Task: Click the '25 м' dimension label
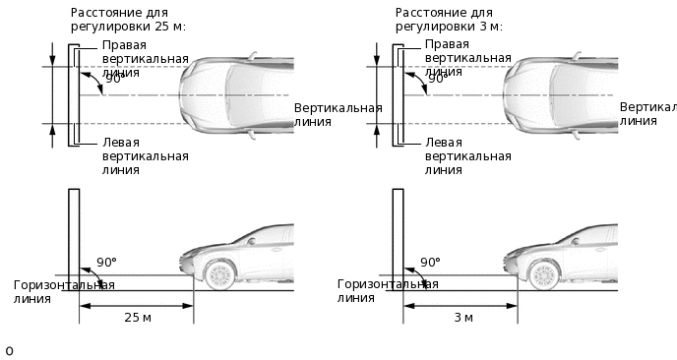click(x=137, y=317)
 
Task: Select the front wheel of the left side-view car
click(x=219, y=272)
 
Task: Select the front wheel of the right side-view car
click(x=543, y=272)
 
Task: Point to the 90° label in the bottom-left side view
click(x=107, y=264)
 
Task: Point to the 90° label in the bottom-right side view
click(x=431, y=264)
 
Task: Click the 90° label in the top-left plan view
click(x=113, y=79)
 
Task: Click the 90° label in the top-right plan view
click(x=437, y=79)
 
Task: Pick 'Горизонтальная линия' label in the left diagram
click(x=64, y=292)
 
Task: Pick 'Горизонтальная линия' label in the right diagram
click(x=388, y=292)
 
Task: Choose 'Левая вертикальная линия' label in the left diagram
click(x=145, y=155)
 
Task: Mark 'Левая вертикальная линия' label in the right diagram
click(x=467, y=155)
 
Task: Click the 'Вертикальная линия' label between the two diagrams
click(x=338, y=113)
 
